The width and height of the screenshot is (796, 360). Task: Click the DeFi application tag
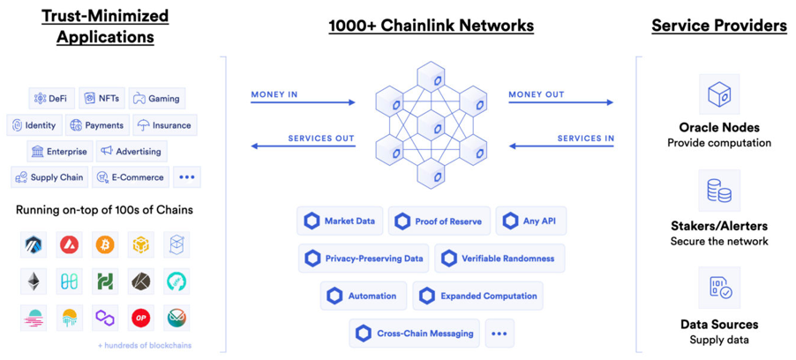point(49,99)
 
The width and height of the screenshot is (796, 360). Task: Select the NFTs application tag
point(101,99)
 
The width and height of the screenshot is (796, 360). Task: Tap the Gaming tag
point(156,99)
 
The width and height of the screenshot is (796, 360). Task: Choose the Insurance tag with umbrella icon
point(164,125)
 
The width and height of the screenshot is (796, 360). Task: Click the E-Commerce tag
point(132,177)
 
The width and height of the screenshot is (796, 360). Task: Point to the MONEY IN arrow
point(303,102)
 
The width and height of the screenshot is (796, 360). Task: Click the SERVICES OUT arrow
point(303,146)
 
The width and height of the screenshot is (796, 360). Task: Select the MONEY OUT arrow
point(560,102)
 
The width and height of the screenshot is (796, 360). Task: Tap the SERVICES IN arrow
point(560,146)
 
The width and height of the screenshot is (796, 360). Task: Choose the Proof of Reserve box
point(439,221)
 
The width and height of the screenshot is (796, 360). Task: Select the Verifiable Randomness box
point(499,259)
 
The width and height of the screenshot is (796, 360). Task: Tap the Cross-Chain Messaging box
point(415,334)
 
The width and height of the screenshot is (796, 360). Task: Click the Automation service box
point(362,296)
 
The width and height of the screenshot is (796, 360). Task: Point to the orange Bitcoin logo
point(106,244)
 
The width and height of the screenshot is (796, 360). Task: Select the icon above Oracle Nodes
point(719,94)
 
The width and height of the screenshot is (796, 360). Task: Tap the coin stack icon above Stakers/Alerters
point(719,191)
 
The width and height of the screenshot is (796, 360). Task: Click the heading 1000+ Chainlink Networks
point(431,26)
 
